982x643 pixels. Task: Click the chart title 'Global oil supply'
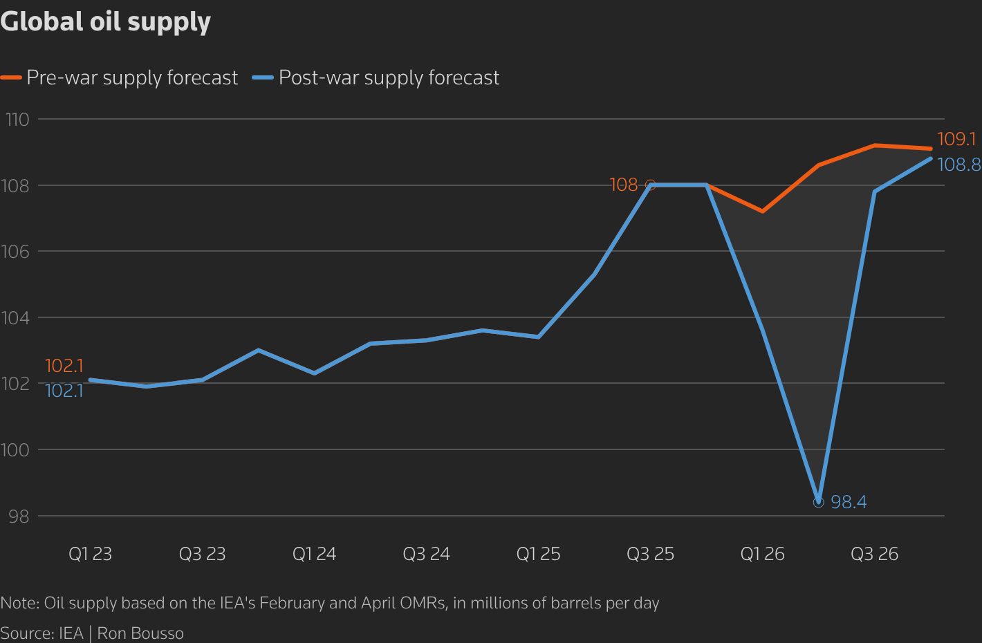pos(106,22)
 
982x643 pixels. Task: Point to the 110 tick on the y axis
pos(18,120)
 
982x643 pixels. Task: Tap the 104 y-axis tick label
pos(16,318)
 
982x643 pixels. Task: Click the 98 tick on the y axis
pos(19,516)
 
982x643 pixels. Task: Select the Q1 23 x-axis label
pos(90,554)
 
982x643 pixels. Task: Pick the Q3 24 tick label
pos(426,554)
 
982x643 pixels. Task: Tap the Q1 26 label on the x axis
pos(762,554)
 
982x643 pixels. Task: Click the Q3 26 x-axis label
pos(874,554)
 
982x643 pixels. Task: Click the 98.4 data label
pos(849,502)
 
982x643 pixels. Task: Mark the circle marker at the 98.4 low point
pos(819,502)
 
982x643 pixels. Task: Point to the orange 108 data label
pos(623,185)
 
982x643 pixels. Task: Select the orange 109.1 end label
pos(956,139)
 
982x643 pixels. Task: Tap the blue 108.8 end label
pos(959,165)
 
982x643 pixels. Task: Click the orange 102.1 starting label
pos(64,366)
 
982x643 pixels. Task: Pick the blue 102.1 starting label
pos(64,391)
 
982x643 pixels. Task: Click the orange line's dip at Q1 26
pos(762,211)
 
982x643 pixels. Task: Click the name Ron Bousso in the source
pos(140,633)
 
